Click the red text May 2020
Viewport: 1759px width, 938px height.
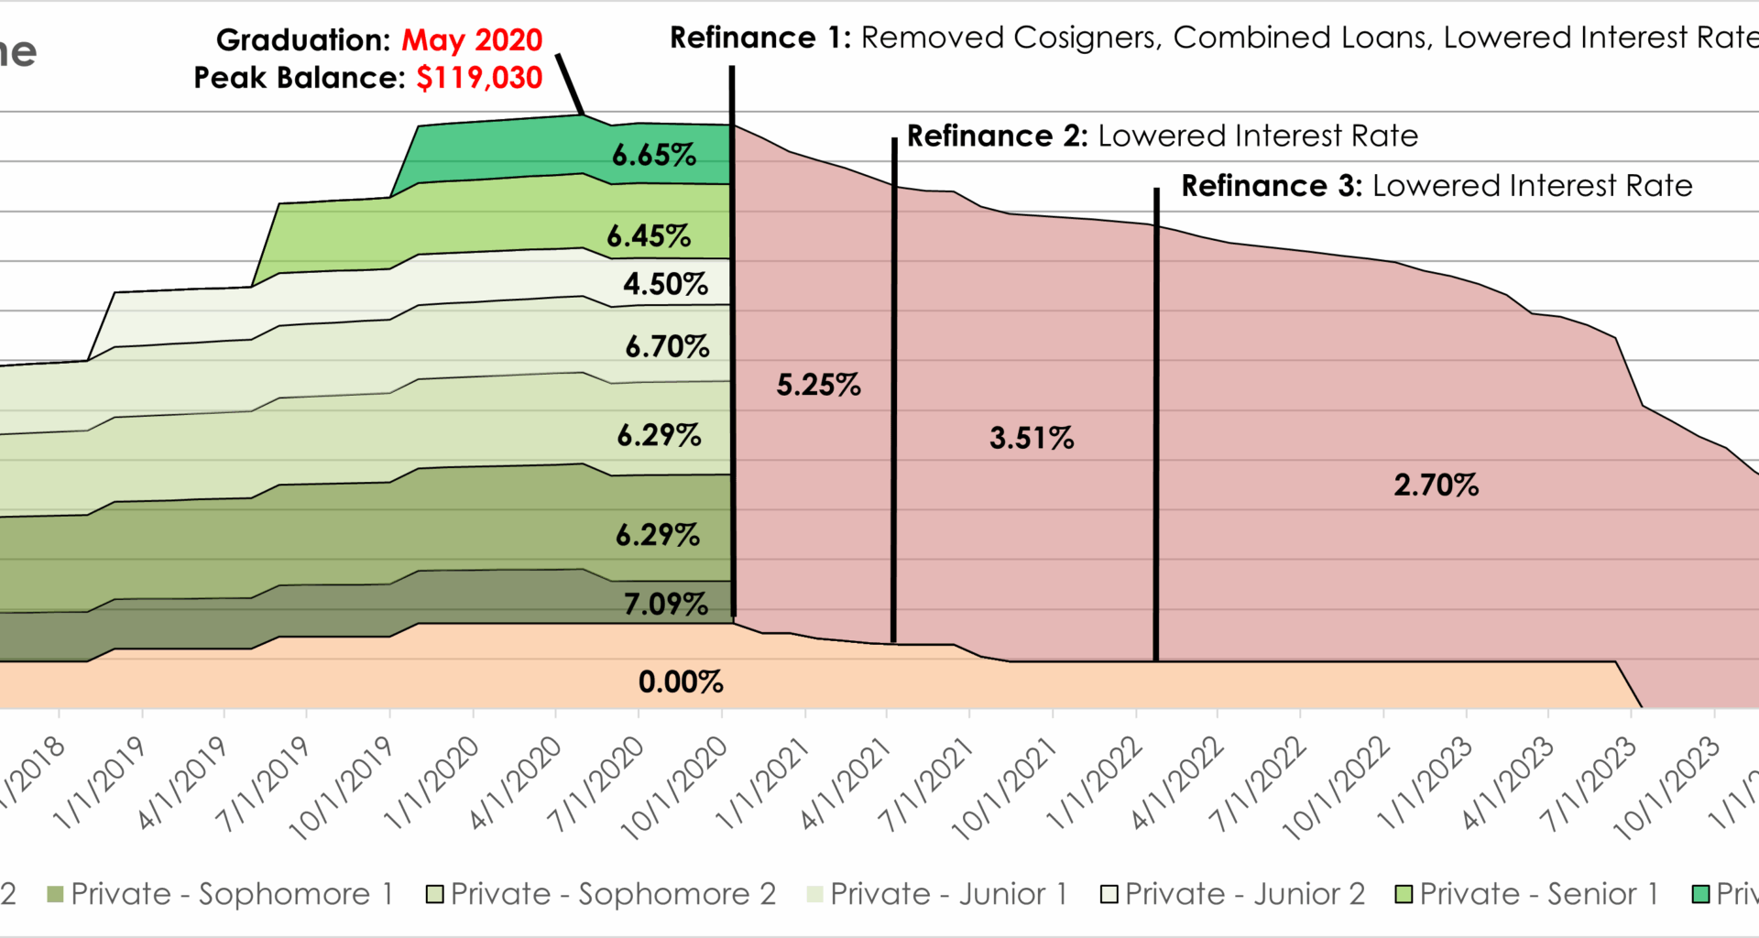472,40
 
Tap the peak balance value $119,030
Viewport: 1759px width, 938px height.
479,78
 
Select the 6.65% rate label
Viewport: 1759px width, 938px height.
654,155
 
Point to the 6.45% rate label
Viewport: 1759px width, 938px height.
649,236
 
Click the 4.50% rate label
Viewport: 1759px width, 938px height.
666,284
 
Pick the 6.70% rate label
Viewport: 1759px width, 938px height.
667,346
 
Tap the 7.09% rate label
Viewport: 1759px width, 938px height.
666,604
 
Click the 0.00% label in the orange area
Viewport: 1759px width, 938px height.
681,682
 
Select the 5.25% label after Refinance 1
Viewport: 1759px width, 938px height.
818,385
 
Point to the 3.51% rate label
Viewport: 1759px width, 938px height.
1032,438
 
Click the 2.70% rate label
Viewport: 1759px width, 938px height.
1436,485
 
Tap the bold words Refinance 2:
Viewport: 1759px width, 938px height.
997,136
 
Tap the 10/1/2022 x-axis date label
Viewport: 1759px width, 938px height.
1337,788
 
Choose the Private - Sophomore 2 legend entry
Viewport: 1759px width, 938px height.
602,893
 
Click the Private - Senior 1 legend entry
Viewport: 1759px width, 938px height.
1527,893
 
